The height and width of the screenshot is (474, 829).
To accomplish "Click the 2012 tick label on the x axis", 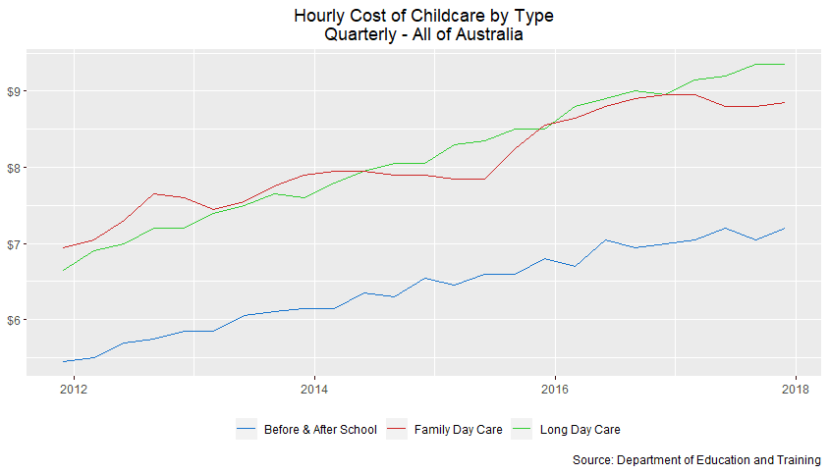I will [73, 388].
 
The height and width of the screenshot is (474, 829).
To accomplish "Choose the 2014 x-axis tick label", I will [313, 388].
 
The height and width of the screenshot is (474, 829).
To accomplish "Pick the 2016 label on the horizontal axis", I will [555, 388].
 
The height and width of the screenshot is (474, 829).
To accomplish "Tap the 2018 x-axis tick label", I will [796, 388].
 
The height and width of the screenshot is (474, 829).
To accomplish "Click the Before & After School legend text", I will [320, 429].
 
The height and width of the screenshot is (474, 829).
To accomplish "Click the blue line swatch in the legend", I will [247, 429].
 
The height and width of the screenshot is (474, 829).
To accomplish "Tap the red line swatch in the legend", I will [397, 429].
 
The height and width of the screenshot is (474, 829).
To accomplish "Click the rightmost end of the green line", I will [784, 64].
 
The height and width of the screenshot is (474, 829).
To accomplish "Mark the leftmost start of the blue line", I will [64, 361].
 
